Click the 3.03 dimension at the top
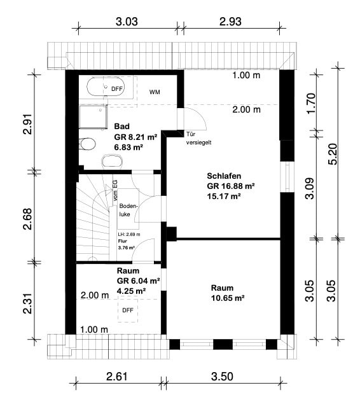127,22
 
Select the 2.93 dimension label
230,22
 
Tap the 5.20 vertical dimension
333,154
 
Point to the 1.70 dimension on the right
311,103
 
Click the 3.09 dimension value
310,188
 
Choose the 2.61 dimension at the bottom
117,377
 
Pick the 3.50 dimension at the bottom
222,377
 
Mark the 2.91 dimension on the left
27,124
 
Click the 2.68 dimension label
27,219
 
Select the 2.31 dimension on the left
27,303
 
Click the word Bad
121,127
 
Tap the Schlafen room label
224,176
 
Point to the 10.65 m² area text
228,298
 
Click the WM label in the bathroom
155,92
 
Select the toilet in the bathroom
87,144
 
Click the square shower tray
93,117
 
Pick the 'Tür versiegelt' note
198,138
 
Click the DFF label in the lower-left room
128,310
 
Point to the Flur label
123,241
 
